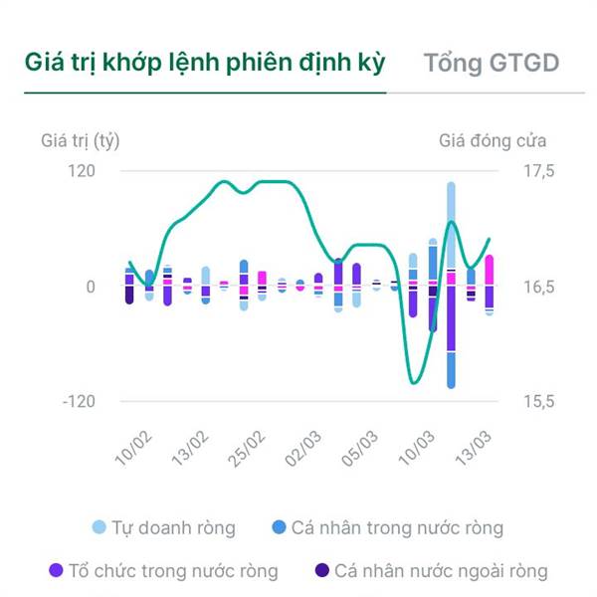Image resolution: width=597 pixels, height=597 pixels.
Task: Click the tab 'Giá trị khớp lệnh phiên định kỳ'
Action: [205, 63]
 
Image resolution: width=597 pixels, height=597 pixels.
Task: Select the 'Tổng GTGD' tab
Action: [491, 63]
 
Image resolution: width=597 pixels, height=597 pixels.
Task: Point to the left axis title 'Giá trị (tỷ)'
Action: [81, 140]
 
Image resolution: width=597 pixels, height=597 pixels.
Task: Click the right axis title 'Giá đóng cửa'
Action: [493, 140]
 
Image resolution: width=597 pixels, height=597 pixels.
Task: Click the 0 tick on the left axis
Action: [90, 287]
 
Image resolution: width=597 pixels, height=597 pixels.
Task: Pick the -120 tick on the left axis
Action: [79, 401]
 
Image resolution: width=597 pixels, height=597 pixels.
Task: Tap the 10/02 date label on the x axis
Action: [134, 447]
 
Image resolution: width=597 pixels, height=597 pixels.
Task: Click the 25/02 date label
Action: [248, 447]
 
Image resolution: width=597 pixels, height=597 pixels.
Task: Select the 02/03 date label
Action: [304, 447]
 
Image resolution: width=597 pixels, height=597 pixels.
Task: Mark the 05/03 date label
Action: [361, 447]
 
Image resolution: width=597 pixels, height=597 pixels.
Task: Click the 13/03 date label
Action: [475, 447]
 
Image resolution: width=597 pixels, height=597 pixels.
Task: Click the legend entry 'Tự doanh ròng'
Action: [163, 527]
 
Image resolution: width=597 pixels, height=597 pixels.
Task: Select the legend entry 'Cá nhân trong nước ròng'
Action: [387, 527]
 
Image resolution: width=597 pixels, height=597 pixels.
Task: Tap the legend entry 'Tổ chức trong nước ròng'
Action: [164, 571]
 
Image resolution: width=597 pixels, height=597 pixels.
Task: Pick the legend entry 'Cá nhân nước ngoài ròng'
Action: [431, 571]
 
